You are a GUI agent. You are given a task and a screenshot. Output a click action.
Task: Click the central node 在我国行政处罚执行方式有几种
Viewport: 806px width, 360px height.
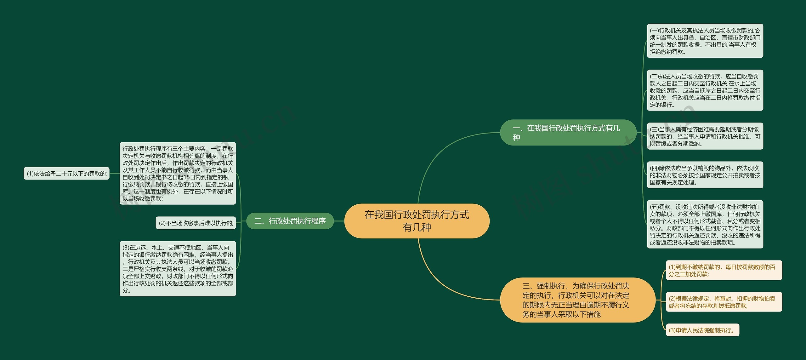417,221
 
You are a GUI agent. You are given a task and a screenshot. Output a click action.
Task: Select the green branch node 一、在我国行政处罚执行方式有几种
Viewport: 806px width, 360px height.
568,133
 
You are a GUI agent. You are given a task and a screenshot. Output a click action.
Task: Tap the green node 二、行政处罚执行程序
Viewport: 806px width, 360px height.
290,221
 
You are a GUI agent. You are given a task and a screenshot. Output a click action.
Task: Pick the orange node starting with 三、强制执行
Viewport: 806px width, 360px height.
577,300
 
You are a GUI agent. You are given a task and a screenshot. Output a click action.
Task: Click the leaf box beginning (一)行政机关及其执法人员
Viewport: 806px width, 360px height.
705,41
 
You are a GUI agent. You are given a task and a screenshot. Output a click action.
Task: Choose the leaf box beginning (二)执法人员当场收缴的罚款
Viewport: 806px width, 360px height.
705,90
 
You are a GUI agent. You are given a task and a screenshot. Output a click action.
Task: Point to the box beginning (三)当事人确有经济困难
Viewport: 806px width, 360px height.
705,136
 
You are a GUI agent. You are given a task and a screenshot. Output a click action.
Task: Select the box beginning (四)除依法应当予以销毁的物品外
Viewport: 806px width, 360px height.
705,175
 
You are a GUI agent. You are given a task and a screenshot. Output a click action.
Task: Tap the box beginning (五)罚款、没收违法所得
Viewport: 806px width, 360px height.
705,225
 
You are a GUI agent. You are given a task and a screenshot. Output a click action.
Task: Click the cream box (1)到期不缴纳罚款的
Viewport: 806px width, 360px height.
724,270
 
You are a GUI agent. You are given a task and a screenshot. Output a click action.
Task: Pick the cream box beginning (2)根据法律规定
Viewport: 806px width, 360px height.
724,302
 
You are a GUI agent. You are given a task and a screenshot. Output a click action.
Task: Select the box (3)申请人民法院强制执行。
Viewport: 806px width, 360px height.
702,330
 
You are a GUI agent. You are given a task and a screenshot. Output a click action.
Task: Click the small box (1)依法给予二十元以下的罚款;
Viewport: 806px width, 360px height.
67,174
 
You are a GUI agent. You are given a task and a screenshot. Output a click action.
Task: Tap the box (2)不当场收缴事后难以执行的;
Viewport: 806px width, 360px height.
196,223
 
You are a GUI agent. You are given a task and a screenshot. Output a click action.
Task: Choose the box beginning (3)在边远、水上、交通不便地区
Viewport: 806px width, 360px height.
178,269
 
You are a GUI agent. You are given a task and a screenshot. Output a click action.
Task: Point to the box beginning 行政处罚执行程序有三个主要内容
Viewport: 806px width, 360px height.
178,174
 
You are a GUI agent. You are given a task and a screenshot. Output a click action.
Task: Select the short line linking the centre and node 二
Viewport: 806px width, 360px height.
339,221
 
